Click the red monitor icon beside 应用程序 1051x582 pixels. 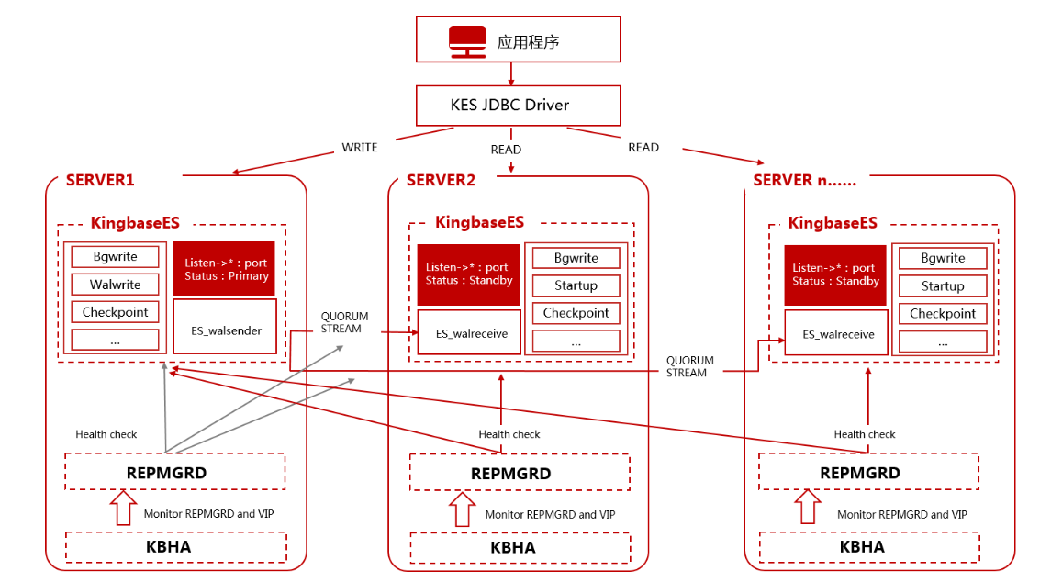467,41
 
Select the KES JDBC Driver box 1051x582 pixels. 509,106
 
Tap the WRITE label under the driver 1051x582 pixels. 360,147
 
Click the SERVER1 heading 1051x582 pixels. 100,180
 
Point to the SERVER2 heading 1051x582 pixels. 441,180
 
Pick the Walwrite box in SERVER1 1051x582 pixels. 116,285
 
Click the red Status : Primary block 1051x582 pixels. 226,269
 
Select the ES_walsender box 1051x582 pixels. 225,330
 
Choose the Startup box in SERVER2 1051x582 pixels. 576,285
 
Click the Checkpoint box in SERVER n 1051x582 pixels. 943,314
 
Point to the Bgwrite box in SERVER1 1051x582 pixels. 116,257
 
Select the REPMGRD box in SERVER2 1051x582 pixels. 510,474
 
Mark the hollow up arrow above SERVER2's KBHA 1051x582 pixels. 462,509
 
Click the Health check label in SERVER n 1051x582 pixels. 864,434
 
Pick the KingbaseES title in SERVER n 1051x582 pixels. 833,223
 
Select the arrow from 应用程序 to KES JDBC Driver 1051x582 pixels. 511,73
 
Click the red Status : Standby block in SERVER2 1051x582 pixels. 468,274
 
